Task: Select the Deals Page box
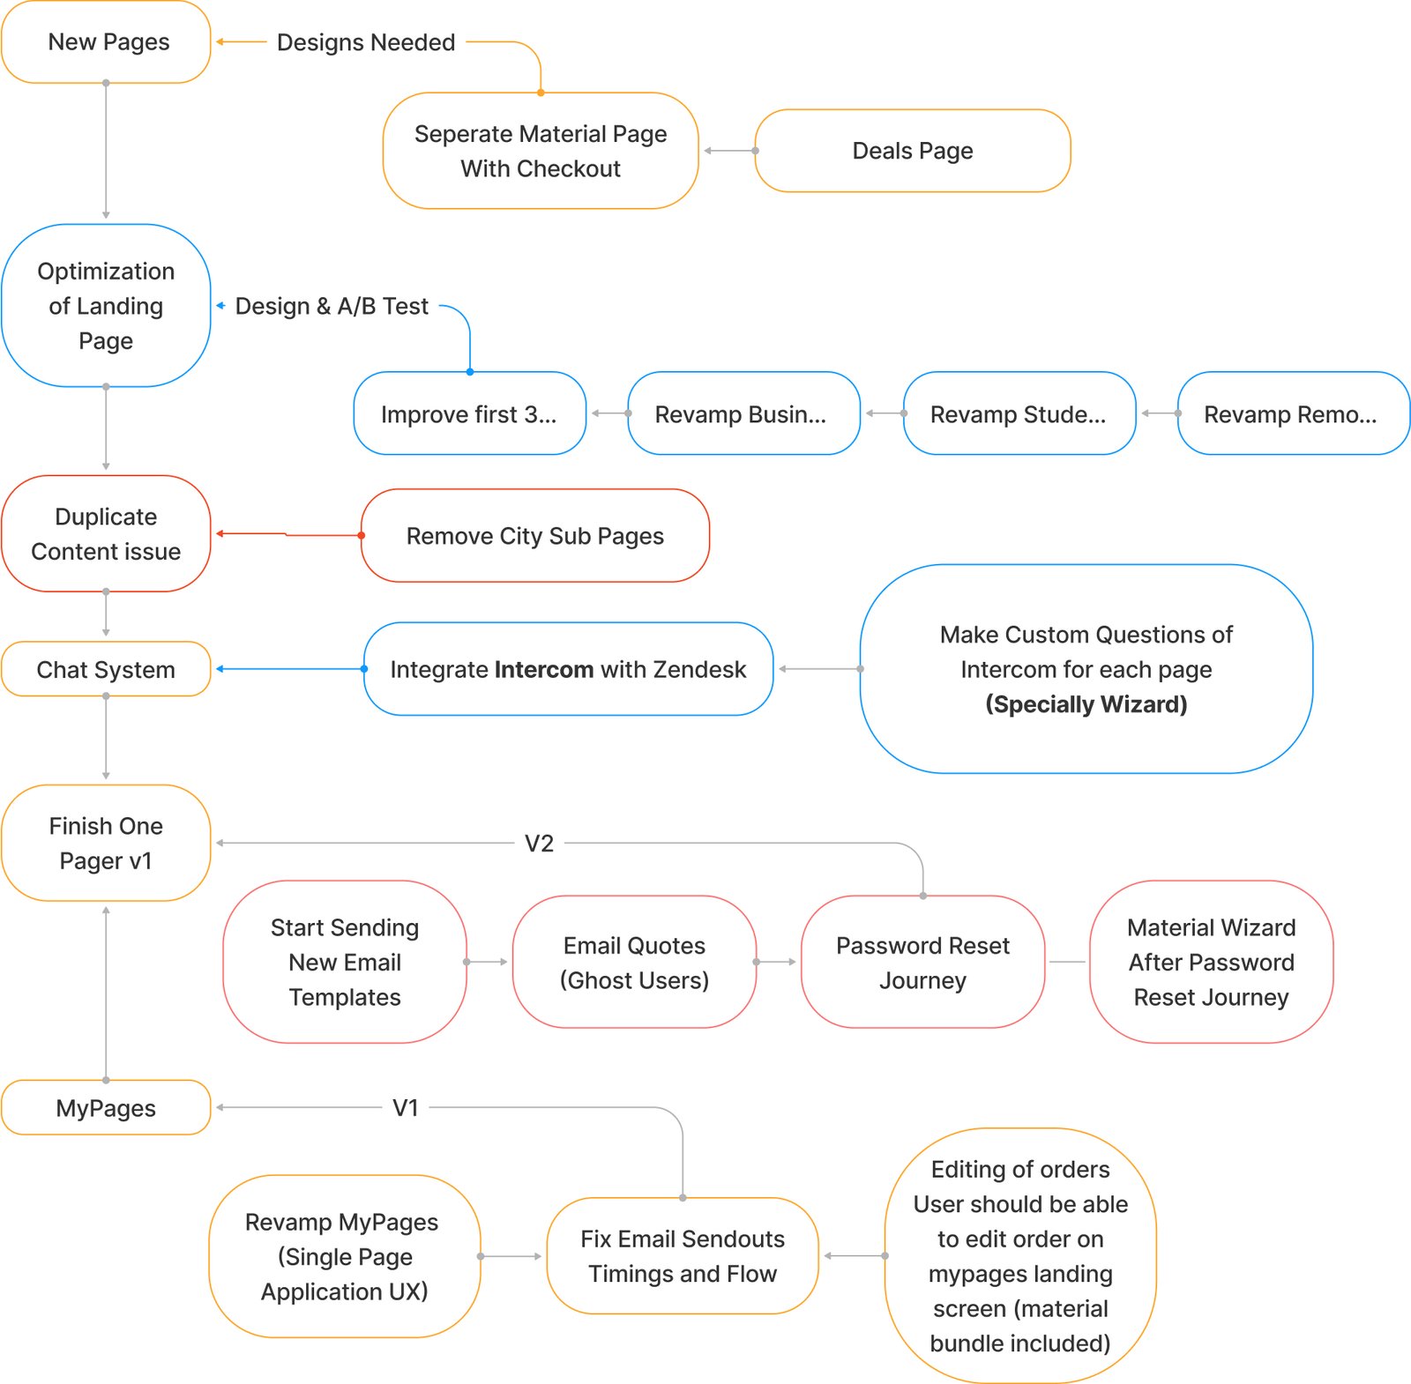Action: click(912, 151)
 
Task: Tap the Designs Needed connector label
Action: click(366, 42)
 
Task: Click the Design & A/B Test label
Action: click(332, 306)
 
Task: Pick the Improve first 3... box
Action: click(469, 413)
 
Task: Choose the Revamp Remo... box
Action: click(1292, 413)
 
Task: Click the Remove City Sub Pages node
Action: click(534, 536)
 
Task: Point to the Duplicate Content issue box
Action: click(106, 533)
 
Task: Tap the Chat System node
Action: click(106, 669)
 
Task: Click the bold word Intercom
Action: click(544, 669)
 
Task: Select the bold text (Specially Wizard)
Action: click(1086, 704)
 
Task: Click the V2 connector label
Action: click(539, 844)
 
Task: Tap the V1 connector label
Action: click(406, 1107)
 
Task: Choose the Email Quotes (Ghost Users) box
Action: click(634, 962)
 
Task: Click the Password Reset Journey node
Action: click(922, 962)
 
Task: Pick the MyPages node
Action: click(106, 1107)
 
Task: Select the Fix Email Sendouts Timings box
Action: click(683, 1255)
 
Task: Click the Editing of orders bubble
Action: click(1020, 1255)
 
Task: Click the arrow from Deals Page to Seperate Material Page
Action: click(728, 151)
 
